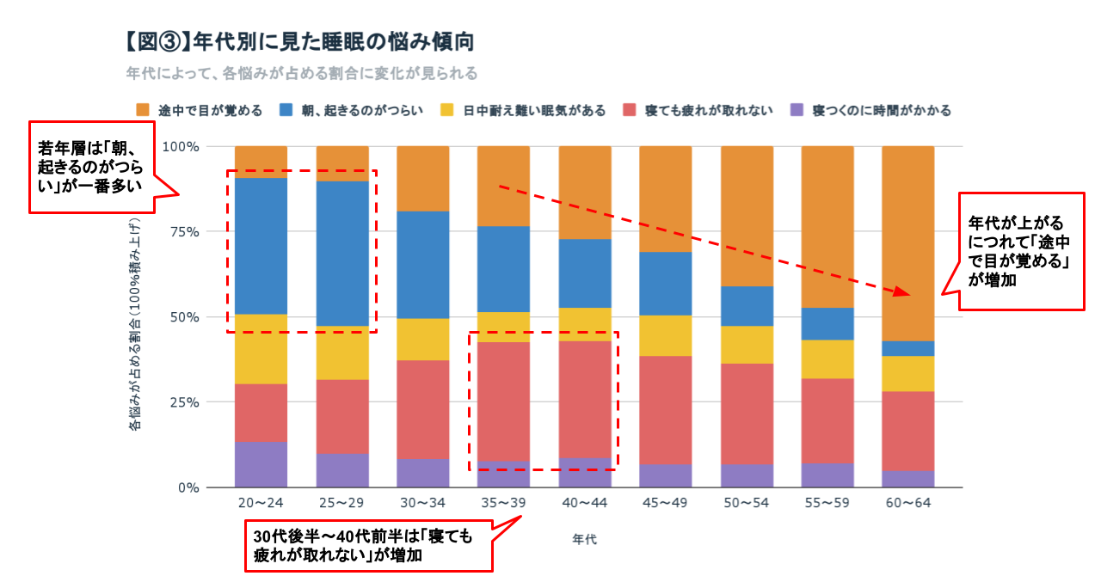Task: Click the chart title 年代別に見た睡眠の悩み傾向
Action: click(300, 41)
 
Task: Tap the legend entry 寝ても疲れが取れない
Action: click(701, 110)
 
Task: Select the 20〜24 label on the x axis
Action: click(261, 502)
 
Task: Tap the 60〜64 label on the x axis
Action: click(907, 502)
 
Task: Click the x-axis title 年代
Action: click(584, 540)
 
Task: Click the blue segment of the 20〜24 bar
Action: click(261, 246)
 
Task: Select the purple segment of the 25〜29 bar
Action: click(342, 470)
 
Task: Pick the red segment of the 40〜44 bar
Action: click(585, 400)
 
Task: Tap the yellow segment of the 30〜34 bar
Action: click(423, 339)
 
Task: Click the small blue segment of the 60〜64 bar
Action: click(907, 348)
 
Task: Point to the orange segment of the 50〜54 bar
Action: click(747, 216)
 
